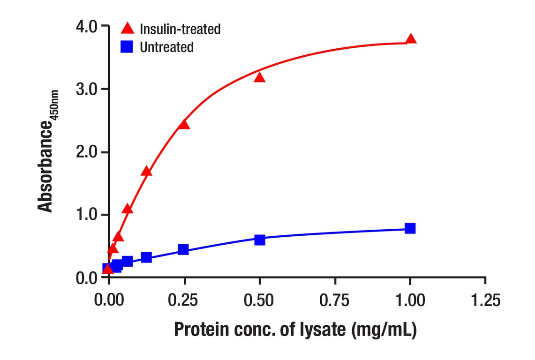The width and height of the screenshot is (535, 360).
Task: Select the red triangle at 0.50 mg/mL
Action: tap(260, 77)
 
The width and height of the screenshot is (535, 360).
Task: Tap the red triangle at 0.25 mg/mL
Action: tap(184, 124)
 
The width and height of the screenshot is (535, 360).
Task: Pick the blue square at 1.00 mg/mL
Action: tap(410, 228)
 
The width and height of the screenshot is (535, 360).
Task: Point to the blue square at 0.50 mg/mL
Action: tap(260, 240)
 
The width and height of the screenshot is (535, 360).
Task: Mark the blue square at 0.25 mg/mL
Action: tap(183, 249)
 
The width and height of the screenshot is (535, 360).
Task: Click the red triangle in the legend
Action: tap(127, 29)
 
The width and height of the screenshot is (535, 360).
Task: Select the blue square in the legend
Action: tap(127, 47)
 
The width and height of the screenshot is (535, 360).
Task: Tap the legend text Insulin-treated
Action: tap(180, 29)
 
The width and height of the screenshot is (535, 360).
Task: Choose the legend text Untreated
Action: tap(166, 47)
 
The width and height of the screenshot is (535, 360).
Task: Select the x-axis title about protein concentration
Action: tap(295, 330)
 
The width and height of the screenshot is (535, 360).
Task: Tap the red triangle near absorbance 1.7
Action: tap(146, 171)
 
